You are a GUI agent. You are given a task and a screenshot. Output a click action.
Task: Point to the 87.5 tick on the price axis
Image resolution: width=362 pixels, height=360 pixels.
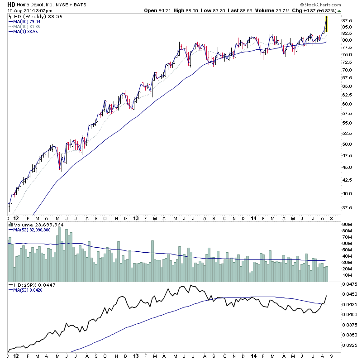(347, 21)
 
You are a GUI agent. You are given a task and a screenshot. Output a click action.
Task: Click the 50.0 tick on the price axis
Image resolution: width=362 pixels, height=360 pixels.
(347, 144)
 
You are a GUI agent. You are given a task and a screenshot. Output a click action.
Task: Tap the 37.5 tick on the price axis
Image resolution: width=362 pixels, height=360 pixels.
(347, 208)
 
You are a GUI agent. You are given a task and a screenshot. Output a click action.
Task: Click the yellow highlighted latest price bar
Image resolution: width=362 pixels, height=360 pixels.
(326, 24)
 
